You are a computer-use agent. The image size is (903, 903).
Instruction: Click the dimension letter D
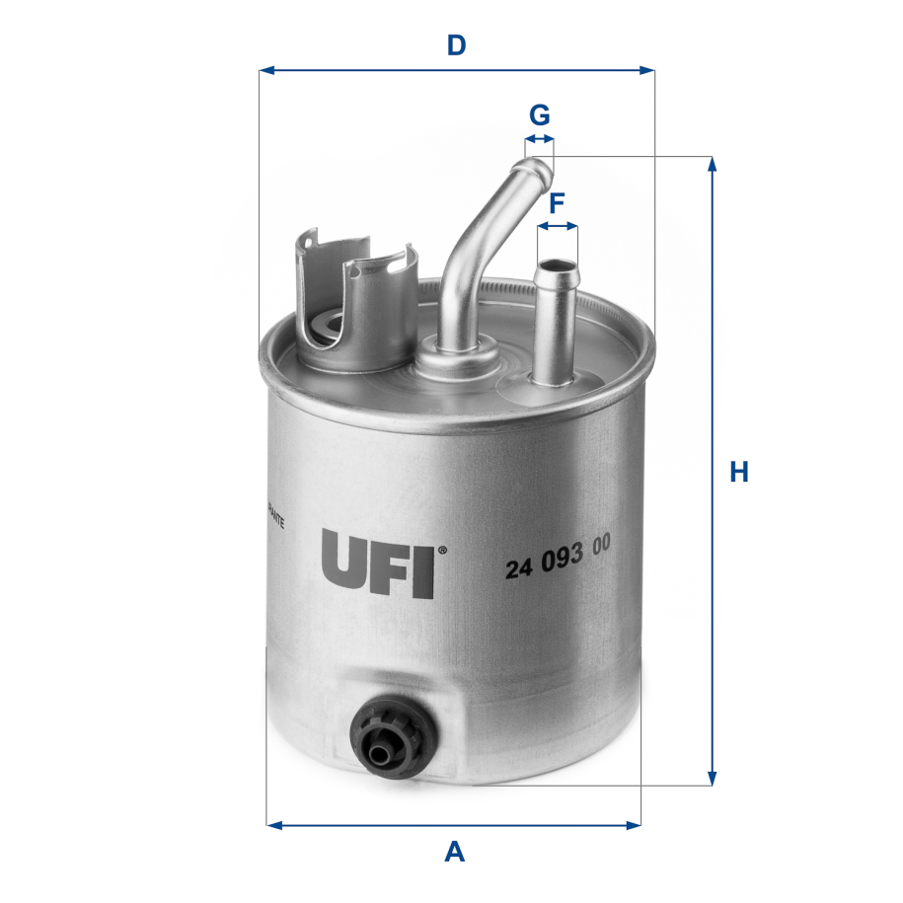455,44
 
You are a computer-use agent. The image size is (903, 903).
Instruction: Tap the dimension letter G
539,115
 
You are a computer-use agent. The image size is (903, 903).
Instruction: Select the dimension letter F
557,203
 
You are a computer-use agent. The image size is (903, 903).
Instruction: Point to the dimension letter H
739,473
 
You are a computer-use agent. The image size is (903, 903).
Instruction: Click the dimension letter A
454,851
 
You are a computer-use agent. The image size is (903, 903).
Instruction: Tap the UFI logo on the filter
377,565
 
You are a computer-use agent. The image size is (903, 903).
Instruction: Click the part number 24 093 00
558,568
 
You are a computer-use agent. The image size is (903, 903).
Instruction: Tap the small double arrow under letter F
558,226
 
